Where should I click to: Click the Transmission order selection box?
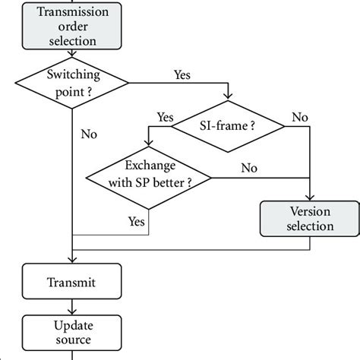click(71, 25)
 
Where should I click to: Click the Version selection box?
click(309, 218)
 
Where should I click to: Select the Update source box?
click(71, 332)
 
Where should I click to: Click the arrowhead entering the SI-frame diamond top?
click(228, 97)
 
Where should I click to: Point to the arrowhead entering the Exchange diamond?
click(148, 148)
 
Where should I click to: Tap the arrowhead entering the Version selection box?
click(311, 198)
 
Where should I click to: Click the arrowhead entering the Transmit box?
click(71, 261)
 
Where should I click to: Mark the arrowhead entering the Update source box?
click(71, 311)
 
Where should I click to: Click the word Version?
click(309, 210)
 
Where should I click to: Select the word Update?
click(71, 324)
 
